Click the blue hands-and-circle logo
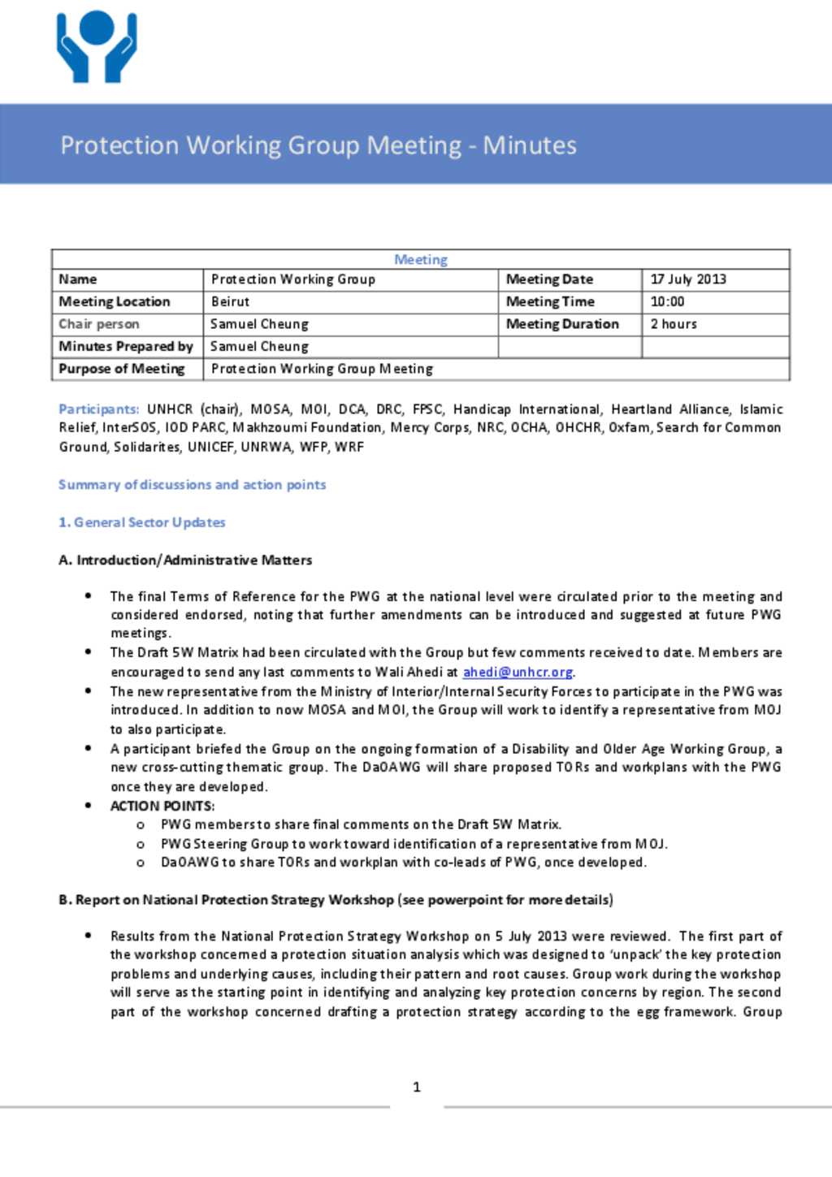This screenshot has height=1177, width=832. [97, 46]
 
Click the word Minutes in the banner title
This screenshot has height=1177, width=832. [530, 145]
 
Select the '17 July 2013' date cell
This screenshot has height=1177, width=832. [688, 279]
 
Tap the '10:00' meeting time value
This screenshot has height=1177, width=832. [667, 301]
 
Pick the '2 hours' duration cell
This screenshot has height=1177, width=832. [674, 324]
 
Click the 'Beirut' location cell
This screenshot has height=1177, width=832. [231, 301]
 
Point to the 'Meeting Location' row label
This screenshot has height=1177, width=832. [115, 301]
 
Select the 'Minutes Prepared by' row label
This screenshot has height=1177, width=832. [126, 346]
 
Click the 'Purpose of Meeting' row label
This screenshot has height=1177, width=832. [122, 369]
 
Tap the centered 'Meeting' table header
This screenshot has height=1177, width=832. [421, 259]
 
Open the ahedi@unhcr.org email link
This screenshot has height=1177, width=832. [518, 672]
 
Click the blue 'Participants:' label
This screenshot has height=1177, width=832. [98, 409]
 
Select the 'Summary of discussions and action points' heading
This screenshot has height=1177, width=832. [192, 485]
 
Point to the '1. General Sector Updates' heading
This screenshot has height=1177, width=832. [142, 522]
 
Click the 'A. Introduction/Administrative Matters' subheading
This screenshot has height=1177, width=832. [185, 560]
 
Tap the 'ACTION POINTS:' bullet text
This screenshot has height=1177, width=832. [162, 806]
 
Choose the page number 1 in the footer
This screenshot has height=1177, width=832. [417, 1087]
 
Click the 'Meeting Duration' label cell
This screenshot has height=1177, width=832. [562, 324]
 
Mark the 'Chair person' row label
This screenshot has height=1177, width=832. [99, 324]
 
